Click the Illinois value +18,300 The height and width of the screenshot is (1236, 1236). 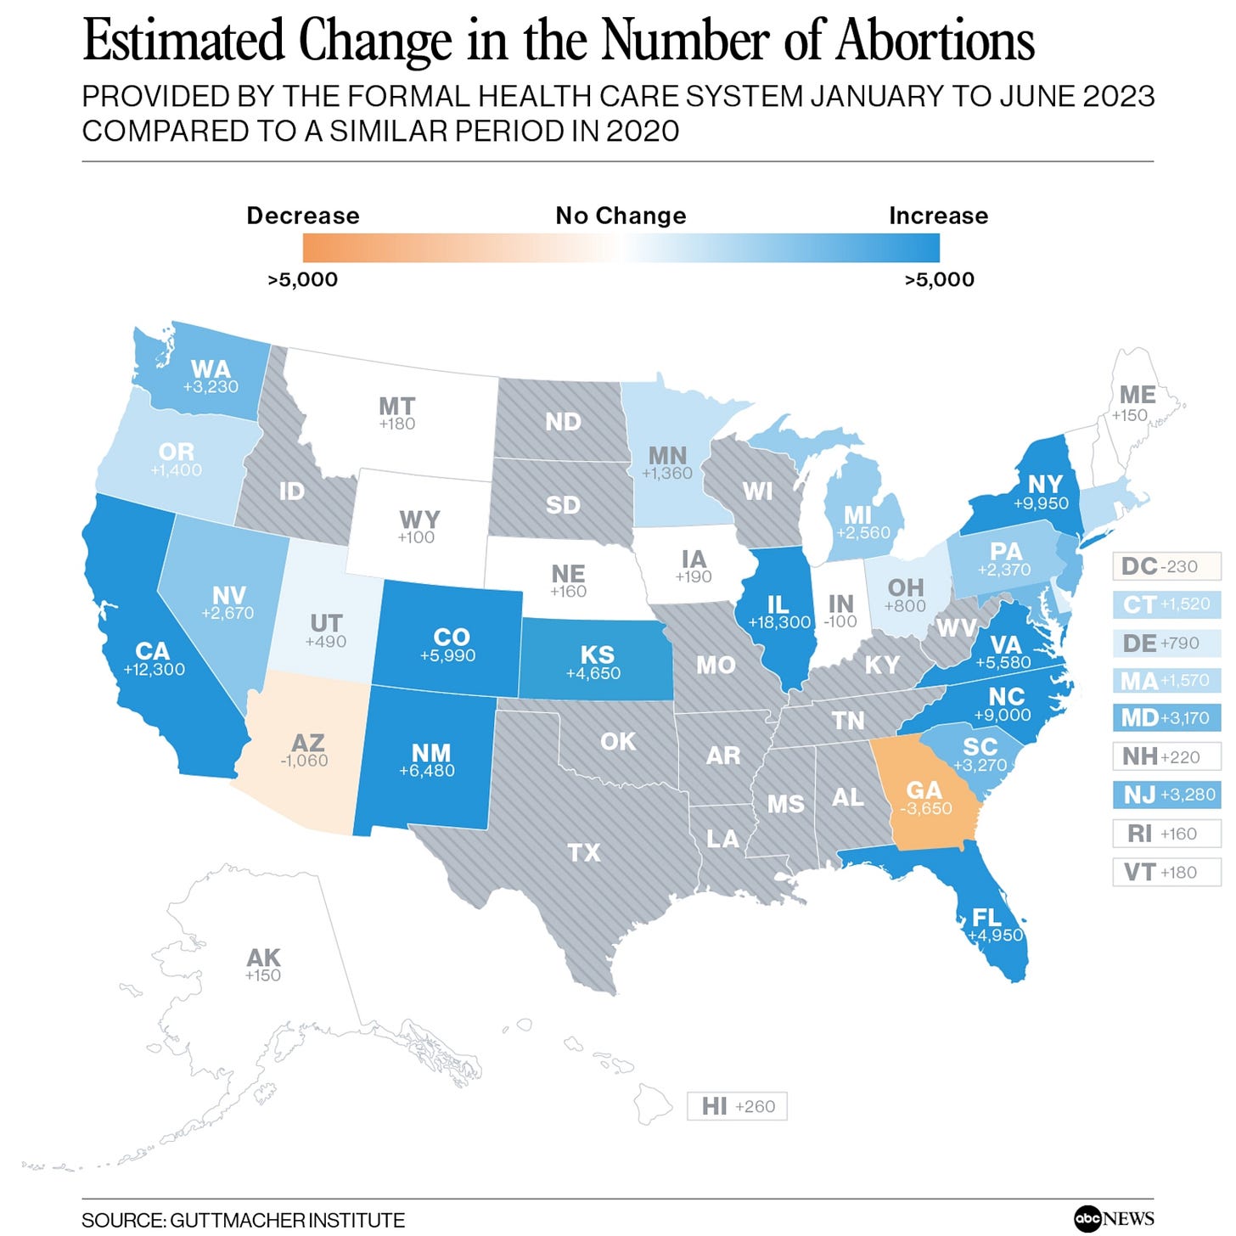778,622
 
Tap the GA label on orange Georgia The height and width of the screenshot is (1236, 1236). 924,790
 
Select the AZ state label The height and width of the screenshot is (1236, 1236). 307,743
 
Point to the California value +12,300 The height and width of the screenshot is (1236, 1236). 154,670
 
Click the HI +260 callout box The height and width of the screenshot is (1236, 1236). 737,1106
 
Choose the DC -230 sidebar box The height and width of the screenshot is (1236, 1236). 1166,566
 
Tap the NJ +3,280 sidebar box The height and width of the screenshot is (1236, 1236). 1166,795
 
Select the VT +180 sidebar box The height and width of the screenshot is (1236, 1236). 1166,872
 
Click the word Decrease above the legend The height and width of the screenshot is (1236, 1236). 303,216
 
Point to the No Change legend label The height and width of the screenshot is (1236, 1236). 621,216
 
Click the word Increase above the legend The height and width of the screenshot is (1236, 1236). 938,216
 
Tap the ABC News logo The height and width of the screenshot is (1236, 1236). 1113,1219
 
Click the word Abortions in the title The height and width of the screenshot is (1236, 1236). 935,41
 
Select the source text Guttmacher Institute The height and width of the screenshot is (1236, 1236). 287,1221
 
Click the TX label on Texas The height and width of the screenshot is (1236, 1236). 584,852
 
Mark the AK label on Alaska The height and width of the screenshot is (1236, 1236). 263,958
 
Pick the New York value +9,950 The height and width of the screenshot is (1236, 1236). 1041,503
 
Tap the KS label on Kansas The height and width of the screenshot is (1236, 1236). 597,655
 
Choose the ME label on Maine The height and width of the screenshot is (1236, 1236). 1137,396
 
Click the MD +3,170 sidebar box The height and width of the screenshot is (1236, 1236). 1166,718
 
